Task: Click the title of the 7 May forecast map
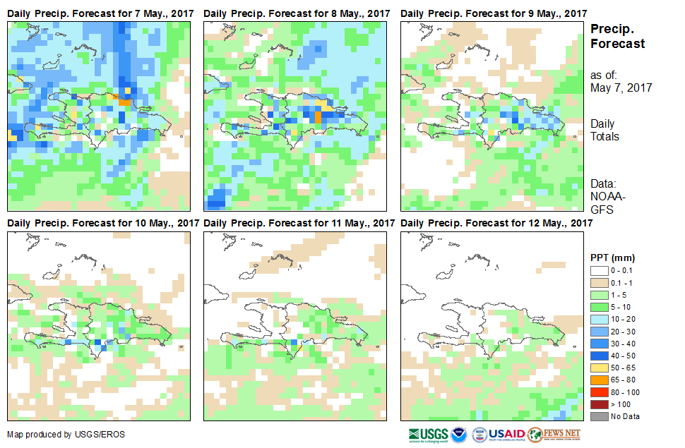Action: pos(100,14)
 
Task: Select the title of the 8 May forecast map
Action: pos(297,14)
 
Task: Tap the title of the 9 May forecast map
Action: pos(494,14)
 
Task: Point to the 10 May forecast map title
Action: pos(103,224)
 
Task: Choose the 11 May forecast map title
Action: pos(299,224)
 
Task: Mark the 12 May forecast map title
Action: pos(496,224)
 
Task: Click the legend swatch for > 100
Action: pos(600,404)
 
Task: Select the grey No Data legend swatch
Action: pos(600,416)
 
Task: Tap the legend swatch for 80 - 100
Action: pos(600,393)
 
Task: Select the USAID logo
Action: pos(507,434)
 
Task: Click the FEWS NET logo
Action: pos(555,434)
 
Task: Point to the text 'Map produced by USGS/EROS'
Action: pos(66,435)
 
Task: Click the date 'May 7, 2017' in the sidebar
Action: pos(621,88)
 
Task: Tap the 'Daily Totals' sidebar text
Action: pos(604,130)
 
